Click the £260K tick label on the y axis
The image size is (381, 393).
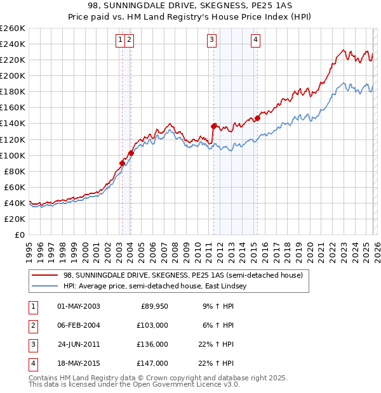[x=13, y=29]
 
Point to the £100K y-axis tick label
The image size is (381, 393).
[x=13, y=155]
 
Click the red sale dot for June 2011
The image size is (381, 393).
[x=214, y=126]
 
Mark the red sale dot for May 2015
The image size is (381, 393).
[x=258, y=118]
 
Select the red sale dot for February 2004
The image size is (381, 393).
[x=131, y=153]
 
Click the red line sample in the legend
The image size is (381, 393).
[x=45, y=275]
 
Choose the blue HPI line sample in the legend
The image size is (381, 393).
[x=45, y=286]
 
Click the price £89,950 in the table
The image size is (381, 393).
[x=154, y=306]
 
